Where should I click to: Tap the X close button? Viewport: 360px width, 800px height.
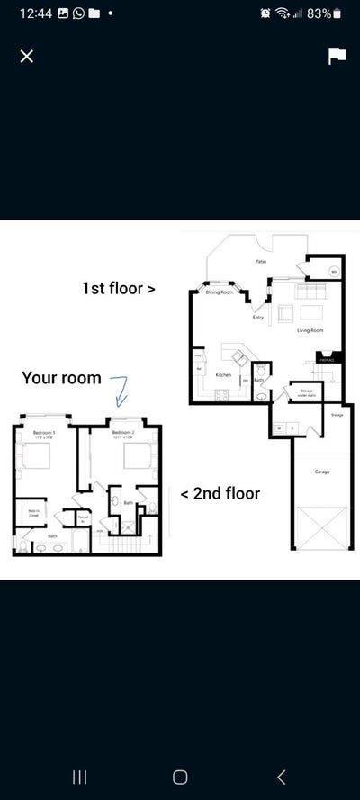tap(27, 56)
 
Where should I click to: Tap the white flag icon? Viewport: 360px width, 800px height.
tap(337, 56)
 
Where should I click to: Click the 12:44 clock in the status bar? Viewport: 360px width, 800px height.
tap(31, 13)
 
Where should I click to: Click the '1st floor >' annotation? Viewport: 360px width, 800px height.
tap(119, 289)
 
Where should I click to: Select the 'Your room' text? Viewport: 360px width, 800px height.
tap(61, 378)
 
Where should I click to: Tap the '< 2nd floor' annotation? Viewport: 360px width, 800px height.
tap(220, 493)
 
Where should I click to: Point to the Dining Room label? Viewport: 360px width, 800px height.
tap(219, 292)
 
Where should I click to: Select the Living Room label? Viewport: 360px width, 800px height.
tap(310, 330)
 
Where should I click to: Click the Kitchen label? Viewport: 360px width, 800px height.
tap(223, 374)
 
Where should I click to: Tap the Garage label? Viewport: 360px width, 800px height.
tap(321, 471)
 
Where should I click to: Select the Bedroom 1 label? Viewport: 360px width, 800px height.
tap(44, 434)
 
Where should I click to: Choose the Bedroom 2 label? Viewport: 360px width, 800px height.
tap(122, 434)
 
